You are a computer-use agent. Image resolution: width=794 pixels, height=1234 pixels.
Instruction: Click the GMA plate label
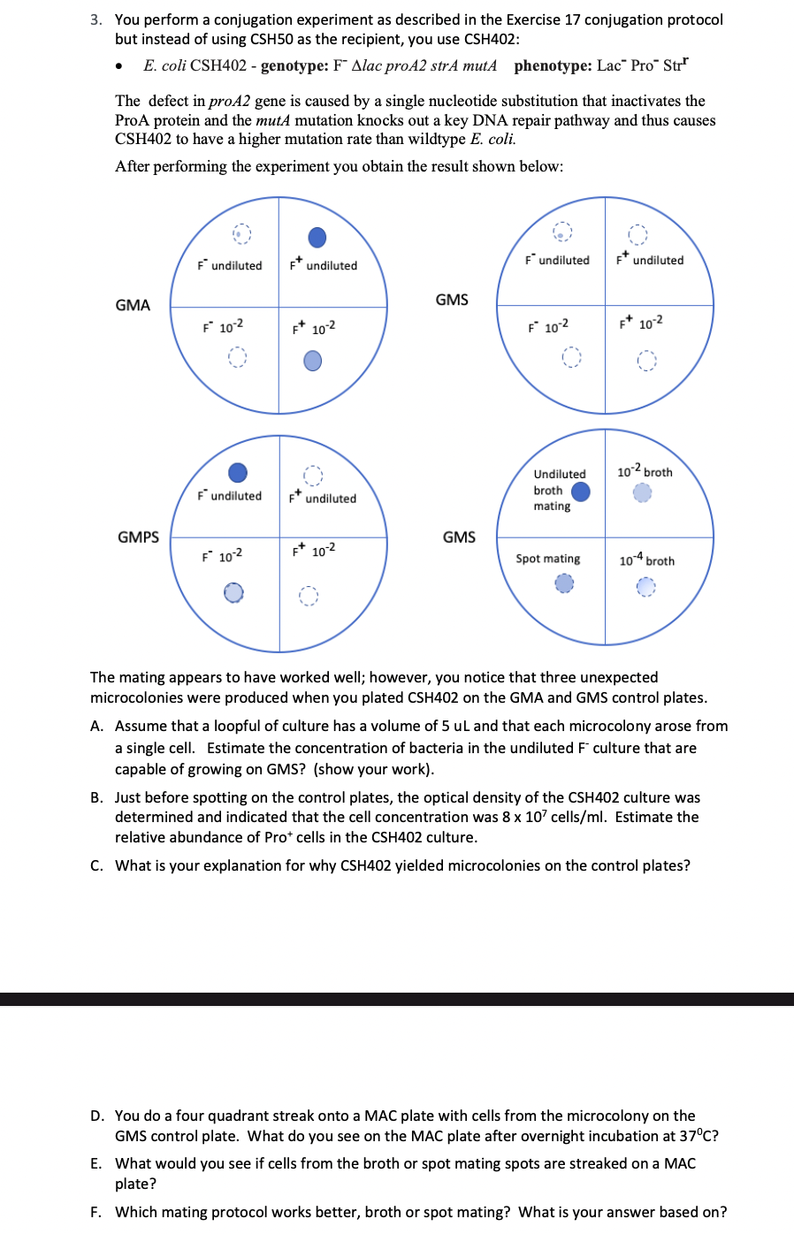[x=133, y=305]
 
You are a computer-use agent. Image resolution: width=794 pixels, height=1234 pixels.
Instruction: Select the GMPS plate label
[x=138, y=537]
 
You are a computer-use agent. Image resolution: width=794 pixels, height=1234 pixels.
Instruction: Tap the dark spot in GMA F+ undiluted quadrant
[x=317, y=237]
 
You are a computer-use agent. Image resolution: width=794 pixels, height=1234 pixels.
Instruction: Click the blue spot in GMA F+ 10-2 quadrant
[x=313, y=361]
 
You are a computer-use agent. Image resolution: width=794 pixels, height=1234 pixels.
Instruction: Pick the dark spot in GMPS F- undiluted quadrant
[x=238, y=473]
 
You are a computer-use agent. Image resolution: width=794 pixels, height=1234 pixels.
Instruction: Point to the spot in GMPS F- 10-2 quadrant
[x=233, y=592]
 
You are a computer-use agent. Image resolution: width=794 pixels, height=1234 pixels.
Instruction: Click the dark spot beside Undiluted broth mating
[x=581, y=491]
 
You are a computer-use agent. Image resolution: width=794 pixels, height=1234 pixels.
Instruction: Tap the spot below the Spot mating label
[x=564, y=583]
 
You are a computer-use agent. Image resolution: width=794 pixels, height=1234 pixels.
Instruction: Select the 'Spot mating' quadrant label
[x=548, y=559]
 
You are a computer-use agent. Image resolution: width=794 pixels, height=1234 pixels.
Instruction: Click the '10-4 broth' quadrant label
[x=646, y=560]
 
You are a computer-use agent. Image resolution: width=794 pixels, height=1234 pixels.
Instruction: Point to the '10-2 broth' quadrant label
[x=645, y=472]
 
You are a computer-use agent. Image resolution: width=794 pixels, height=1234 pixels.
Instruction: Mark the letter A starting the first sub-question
[x=96, y=726]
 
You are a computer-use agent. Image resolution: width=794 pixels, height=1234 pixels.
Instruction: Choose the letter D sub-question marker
[x=96, y=1116]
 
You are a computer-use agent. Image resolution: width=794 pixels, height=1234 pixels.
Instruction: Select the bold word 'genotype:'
[x=294, y=65]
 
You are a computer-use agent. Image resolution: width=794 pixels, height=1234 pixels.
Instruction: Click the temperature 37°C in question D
[x=699, y=1136]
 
